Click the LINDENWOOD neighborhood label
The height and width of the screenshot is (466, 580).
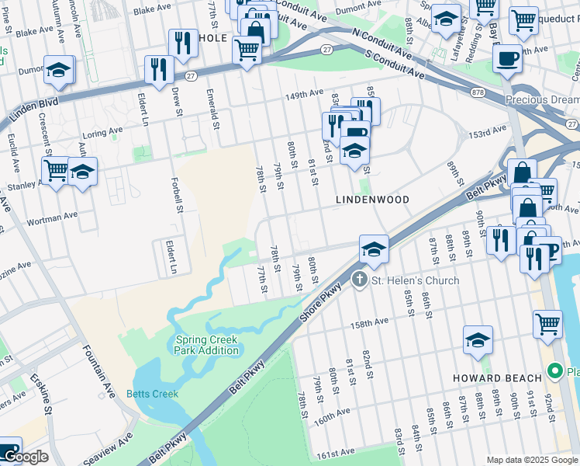371,200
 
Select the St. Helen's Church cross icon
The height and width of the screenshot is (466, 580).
359,279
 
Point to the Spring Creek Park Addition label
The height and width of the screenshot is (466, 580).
207,345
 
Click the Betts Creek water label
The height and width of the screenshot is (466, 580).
152,394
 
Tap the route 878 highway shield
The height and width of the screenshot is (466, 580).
480,92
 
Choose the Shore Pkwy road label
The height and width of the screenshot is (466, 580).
316,297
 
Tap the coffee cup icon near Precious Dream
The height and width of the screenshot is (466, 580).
507,59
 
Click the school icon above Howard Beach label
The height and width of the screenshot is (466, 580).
478,340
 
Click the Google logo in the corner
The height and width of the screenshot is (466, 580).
25,457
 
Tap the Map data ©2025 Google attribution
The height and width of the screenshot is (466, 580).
532,460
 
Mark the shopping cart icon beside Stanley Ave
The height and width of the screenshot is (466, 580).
56,170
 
